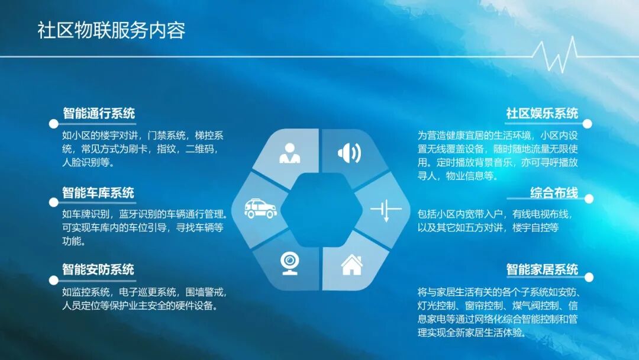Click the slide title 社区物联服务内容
pyautogui.click(x=111, y=30)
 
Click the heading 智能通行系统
pyautogui.click(x=99, y=113)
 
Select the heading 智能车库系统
pyautogui.click(x=98, y=193)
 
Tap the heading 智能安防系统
pyautogui.click(x=98, y=269)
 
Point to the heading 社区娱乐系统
pyautogui.click(x=542, y=113)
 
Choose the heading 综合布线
pyautogui.click(x=554, y=193)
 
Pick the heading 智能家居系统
pyautogui.click(x=542, y=269)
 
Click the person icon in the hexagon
pyautogui.click(x=289, y=153)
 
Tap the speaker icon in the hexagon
pyautogui.click(x=349, y=153)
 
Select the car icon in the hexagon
pyautogui.click(x=261, y=208)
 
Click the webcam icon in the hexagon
pyautogui.click(x=289, y=262)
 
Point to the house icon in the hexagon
pyautogui.click(x=351, y=264)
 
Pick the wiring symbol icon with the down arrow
pyautogui.click(x=385, y=210)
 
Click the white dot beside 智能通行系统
pyautogui.click(x=53, y=124)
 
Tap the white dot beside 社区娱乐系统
pyautogui.click(x=588, y=124)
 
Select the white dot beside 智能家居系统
pyautogui.click(x=588, y=277)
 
